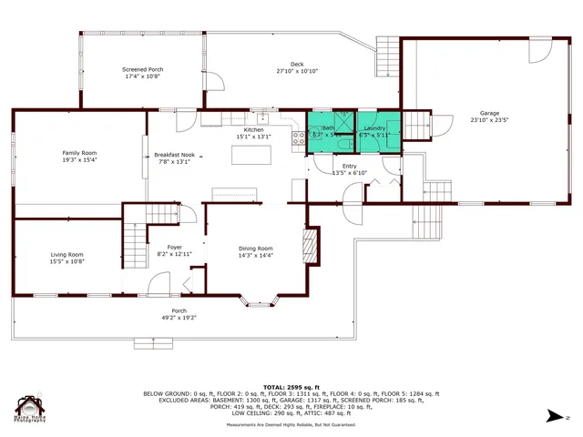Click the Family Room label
coord(79,152)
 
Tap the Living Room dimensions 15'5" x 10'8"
coord(66,262)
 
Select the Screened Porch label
coord(142,69)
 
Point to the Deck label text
coord(297,64)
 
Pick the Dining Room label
coord(255,249)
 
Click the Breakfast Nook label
coord(173,156)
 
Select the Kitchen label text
coord(253,130)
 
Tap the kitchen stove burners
coord(297,138)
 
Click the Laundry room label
coord(375,128)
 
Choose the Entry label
coord(350,166)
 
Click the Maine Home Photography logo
coord(29,408)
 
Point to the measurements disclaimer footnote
coord(291,424)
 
